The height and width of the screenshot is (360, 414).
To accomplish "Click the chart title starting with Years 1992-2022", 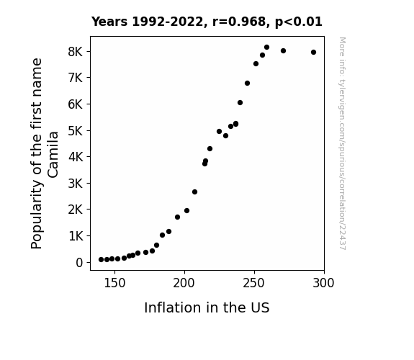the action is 207,22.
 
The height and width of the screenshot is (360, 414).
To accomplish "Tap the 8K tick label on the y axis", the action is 76,52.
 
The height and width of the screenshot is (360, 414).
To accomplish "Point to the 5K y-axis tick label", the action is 76,131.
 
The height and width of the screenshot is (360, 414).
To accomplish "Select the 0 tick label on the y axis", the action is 79,263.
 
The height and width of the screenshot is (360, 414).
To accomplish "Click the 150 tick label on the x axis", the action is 114,283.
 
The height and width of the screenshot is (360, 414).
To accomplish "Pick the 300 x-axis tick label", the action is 323,283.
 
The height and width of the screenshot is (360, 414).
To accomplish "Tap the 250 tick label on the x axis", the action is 254,283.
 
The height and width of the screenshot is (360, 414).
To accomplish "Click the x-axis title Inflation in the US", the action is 207,307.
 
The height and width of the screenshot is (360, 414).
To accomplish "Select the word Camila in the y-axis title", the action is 53,155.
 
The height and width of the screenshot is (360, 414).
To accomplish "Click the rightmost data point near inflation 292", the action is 313,53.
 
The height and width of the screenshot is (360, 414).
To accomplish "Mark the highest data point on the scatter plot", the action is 266,48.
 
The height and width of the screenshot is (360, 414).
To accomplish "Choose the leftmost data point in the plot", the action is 101,260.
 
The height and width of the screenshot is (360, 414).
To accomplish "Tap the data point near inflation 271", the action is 283,50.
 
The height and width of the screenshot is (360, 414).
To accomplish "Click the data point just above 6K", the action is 240,103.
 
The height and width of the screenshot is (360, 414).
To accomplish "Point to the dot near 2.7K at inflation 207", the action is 194,192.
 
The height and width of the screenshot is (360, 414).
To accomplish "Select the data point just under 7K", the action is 247,84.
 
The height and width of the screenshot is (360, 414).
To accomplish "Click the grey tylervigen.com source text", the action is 343,143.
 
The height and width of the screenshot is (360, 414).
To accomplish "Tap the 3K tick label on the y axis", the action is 76,184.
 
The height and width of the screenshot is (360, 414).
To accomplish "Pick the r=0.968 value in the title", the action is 239,22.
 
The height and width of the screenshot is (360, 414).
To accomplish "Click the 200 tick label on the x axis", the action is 184,283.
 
